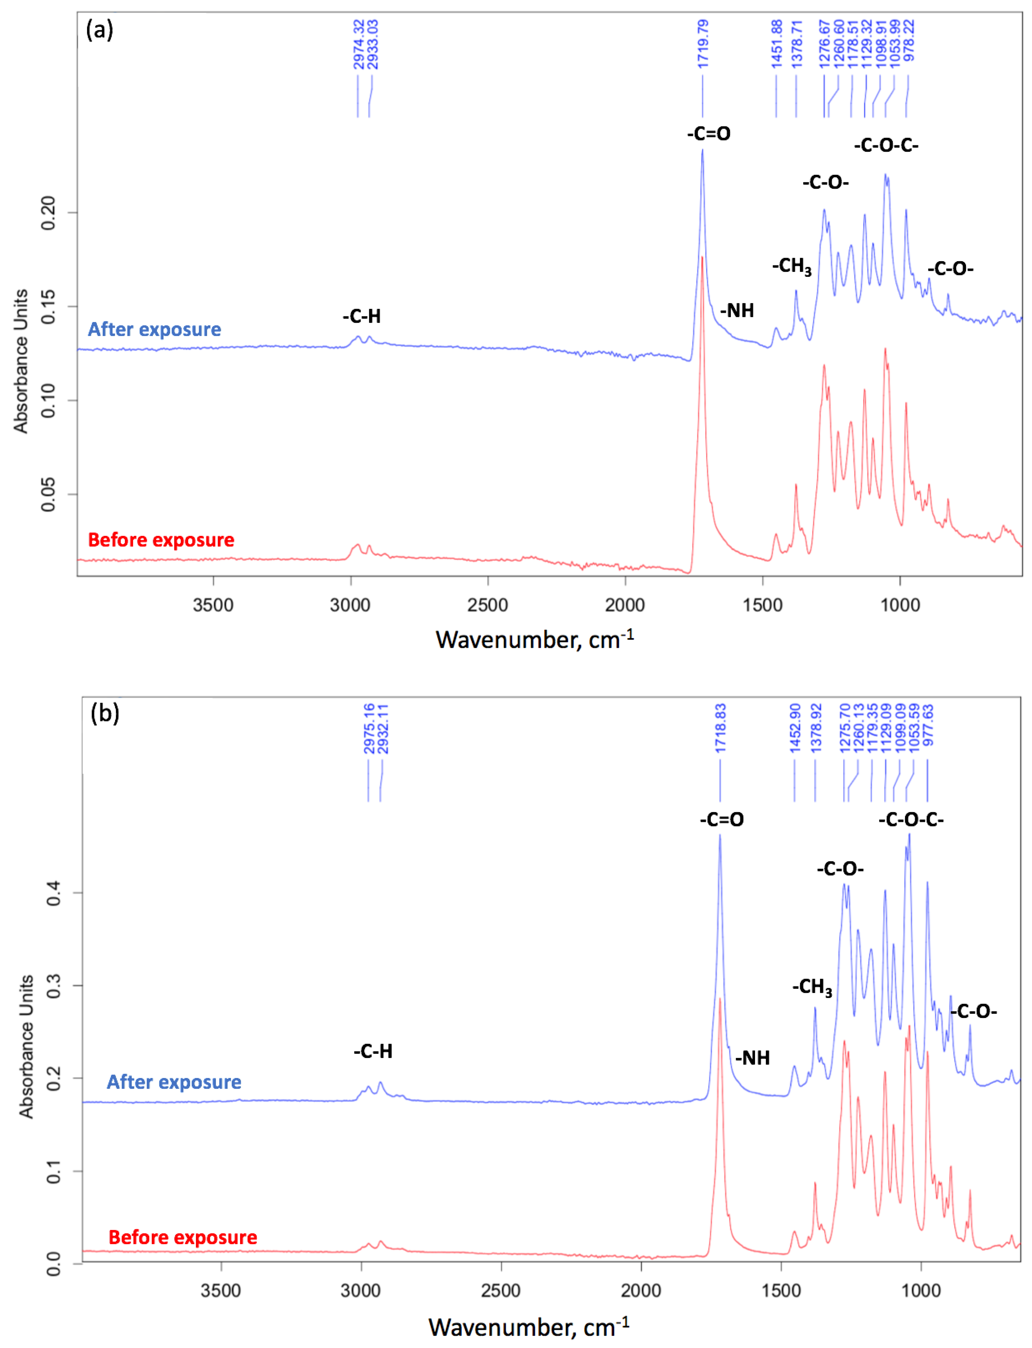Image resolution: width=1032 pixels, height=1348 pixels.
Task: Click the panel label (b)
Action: coord(104,713)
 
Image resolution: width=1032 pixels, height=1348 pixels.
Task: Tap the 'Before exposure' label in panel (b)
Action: coord(182,1237)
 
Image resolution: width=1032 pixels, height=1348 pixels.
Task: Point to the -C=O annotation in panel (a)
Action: coord(709,133)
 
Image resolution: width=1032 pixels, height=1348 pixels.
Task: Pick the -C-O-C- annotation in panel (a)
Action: coord(886,146)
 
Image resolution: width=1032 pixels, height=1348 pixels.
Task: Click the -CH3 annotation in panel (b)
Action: coord(811,987)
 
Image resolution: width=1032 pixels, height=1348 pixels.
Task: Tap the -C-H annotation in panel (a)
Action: coord(362,317)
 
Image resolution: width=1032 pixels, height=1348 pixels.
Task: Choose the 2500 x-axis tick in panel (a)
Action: coord(488,605)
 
